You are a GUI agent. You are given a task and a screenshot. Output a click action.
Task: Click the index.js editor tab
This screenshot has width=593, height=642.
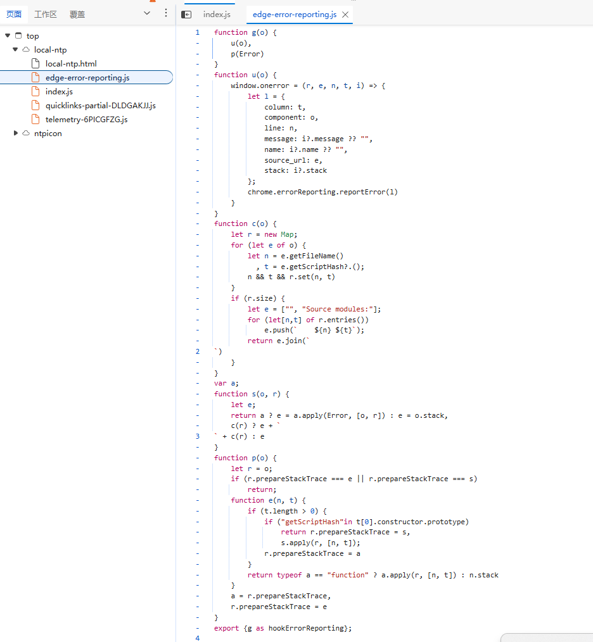click(x=217, y=15)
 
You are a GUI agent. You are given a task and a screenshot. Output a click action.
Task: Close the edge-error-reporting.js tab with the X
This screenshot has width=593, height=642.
click(x=345, y=15)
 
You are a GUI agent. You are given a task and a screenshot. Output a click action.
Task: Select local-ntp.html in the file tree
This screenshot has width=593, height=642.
click(x=71, y=64)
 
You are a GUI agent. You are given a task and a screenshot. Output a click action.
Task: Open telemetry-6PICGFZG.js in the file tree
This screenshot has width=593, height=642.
click(x=86, y=120)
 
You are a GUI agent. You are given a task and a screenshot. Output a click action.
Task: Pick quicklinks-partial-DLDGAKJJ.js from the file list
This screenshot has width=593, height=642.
click(x=100, y=106)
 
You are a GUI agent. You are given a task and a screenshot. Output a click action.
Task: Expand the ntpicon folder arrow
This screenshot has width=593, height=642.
click(x=16, y=133)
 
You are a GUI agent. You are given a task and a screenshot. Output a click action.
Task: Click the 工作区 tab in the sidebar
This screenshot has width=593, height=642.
click(x=46, y=15)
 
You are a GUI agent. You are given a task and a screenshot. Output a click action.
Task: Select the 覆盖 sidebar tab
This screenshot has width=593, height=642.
click(x=77, y=15)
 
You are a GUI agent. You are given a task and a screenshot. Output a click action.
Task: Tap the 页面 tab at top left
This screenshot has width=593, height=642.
click(x=14, y=15)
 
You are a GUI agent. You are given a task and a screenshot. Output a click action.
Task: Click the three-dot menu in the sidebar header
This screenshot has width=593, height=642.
click(x=166, y=13)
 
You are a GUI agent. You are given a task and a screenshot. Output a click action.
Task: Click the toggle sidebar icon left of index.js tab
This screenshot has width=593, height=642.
click(x=186, y=15)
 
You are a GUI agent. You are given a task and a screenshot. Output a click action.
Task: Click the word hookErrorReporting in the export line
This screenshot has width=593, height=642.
click(x=306, y=628)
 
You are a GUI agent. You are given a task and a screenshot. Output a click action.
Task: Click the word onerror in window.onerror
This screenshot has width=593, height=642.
click(x=274, y=85)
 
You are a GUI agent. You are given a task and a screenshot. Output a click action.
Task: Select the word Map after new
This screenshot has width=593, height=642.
click(x=287, y=234)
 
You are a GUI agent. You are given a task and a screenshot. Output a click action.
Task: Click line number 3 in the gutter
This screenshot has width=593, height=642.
click(x=198, y=436)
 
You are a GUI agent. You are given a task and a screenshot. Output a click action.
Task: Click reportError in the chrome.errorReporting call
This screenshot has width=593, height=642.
click(x=362, y=192)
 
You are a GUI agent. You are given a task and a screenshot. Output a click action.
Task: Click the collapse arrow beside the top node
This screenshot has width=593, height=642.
click(x=8, y=35)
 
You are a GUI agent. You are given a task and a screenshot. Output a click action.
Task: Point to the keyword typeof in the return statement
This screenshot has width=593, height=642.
click(x=290, y=575)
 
